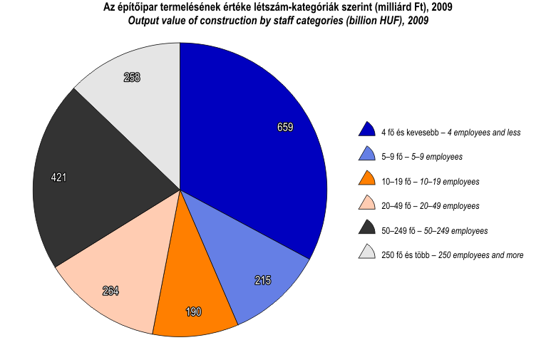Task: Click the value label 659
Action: pyautogui.click(x=285, y=127)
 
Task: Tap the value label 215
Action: pyautogui.click(x=262, y=280)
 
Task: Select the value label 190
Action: pyautogui.click(x=194, y=312)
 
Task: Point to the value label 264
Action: pyautogui.click(x=110, y=290)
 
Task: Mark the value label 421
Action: pyautogui.click(x=58, y=178)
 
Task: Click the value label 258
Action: pyautogui.click(x=132, y=77)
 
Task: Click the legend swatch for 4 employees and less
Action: pyautogui.click(x=366, y=129)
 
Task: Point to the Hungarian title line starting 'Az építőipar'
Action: pyautogui.click(x=278, y=7)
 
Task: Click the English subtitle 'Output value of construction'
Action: pyautogui.click(x=278, y=20)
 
